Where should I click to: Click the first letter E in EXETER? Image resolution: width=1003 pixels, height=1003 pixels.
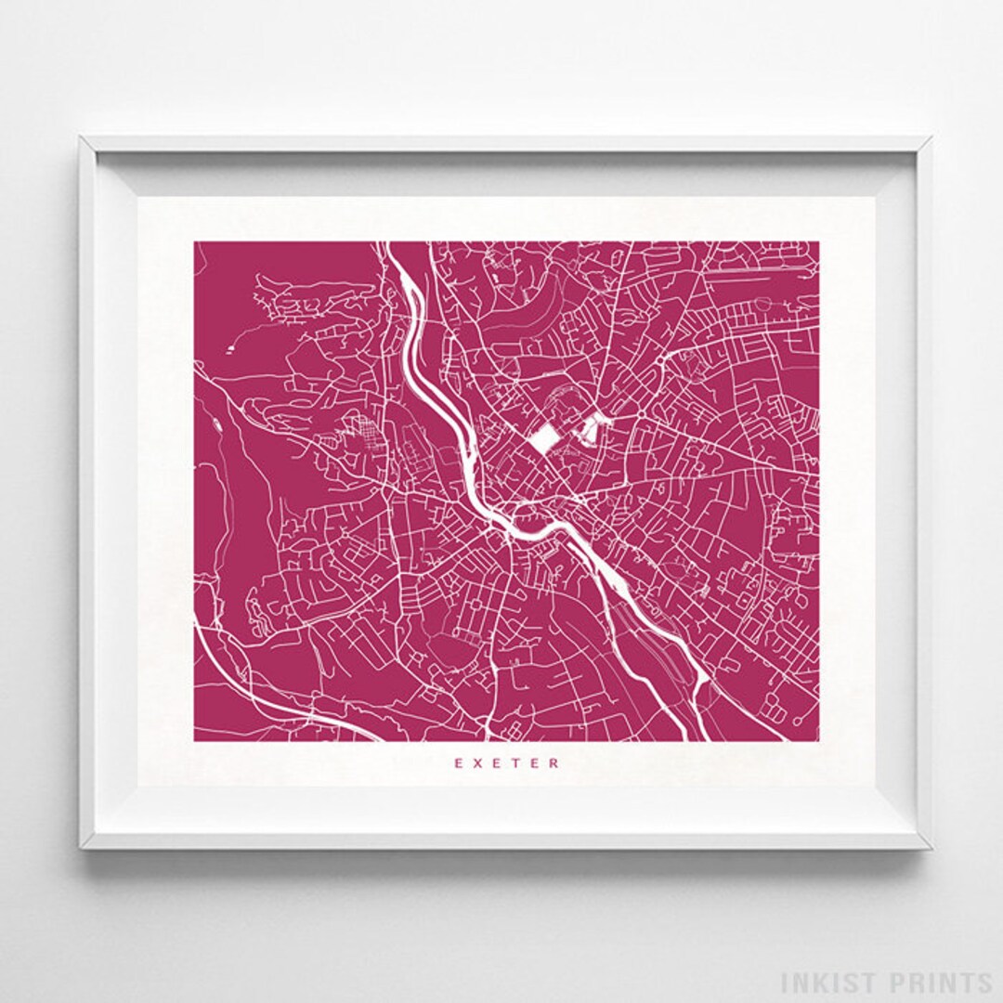point(457,763)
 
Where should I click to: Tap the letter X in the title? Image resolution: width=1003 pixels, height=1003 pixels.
point(477,763)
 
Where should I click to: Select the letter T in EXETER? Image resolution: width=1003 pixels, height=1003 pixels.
point(516,763)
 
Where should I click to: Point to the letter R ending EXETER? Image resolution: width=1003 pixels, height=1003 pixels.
point(555,763)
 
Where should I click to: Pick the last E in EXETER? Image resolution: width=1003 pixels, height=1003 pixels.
point(536,763)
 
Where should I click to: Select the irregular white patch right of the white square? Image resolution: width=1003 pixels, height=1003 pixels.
point(591,429)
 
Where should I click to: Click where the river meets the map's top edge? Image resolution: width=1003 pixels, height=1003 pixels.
point(390,243)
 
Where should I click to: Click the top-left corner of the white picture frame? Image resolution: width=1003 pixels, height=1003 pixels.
point(81,138)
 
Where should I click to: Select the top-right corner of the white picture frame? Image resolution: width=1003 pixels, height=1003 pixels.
point(930,138)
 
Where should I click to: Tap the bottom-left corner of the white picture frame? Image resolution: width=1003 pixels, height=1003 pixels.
point(81,847)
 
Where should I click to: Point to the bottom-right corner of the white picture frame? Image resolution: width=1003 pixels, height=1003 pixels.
point(930,847)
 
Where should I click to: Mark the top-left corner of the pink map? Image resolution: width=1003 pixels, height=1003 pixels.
point(195,242)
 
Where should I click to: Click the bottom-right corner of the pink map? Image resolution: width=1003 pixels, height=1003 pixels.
point(818,741)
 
